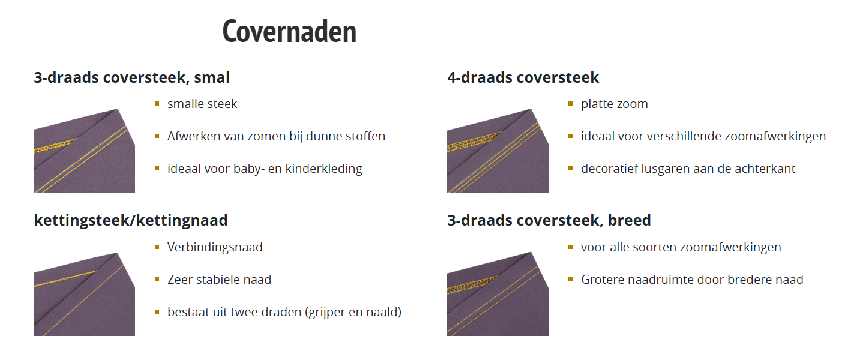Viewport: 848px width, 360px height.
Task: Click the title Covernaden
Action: coord(289,31)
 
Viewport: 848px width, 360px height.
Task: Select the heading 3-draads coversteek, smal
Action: coord(132,77)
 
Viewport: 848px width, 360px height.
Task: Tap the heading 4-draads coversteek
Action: coord(523,77)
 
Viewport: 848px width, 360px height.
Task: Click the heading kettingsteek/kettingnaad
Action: coord(131,220)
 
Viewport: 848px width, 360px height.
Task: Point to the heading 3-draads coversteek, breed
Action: coord(549,220)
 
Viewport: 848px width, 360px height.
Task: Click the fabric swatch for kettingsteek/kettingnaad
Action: coord(84,294)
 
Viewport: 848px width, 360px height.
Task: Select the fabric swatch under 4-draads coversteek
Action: coord(498,151)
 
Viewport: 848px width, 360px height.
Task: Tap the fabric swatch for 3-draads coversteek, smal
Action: coord(84,151)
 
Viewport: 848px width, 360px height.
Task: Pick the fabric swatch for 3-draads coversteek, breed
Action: coord(498,294)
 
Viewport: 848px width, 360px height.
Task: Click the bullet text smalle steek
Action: coord(202,104)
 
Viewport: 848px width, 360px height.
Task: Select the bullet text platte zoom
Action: coord(615,104)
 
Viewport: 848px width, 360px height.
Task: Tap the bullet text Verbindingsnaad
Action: coord(215,247)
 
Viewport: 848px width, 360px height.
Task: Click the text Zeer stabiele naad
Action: coord(219,280)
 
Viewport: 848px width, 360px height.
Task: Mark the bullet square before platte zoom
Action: coord(571,104)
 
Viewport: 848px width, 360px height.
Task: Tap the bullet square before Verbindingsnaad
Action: coord(157,247)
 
